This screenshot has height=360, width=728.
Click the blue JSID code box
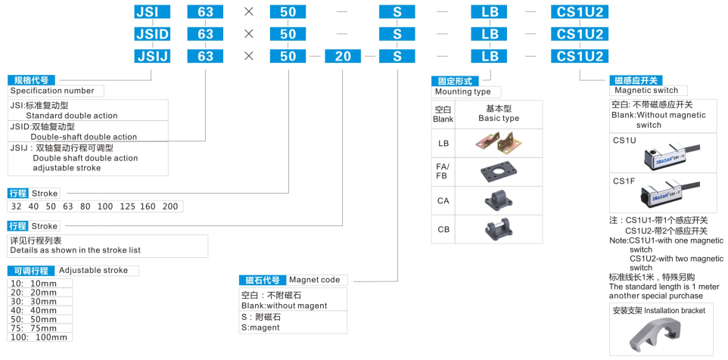click(x=151, y=34)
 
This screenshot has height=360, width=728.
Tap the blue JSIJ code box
click(x=151, y=57)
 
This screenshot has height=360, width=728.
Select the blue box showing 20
click(x=343, y=57)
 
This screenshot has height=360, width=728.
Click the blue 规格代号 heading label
click(x=31, y=79)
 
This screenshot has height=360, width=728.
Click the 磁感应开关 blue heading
click(x=636, y=80)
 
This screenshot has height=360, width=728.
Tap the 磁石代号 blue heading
click(x=262, y=280)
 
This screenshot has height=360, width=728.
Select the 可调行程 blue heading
click(x=31, y=271)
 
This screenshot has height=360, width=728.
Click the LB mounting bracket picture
click(x=498, y=142)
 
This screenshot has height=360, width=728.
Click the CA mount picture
click(x=498, y=200)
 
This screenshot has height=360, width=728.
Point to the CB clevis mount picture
click(x=498, y=228)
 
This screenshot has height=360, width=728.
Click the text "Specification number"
click(x=52, y=91)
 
